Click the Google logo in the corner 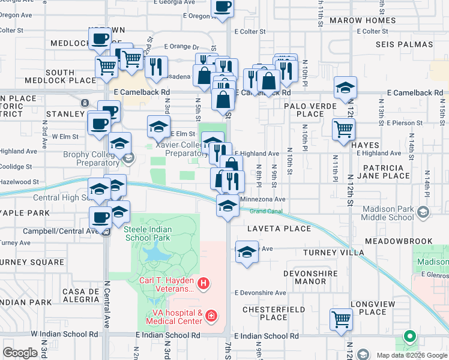(20, 352)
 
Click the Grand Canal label (266, 211)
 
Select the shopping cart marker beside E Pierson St (343, 128)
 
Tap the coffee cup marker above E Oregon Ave (223, 7)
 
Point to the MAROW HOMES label (367, 20)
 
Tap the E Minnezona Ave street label (262, 199)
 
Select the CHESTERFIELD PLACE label (265, 313)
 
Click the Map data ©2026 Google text (411, 355)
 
